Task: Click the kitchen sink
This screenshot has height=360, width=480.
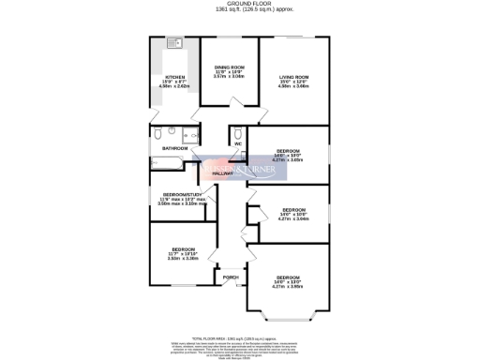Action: [174, 42]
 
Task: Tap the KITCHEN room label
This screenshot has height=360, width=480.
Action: [175, 77]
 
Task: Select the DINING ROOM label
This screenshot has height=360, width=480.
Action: [230, 67]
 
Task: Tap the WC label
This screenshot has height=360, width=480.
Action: [238, 143]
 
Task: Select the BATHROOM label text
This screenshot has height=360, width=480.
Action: [174, 148]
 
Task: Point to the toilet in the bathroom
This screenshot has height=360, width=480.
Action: [158, 132]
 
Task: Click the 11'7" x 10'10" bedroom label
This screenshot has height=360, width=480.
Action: [183, 248]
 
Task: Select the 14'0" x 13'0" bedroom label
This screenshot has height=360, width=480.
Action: [288, 277]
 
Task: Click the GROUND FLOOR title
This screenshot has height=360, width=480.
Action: [241, 4]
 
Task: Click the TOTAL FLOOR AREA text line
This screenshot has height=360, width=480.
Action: [240, 337]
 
